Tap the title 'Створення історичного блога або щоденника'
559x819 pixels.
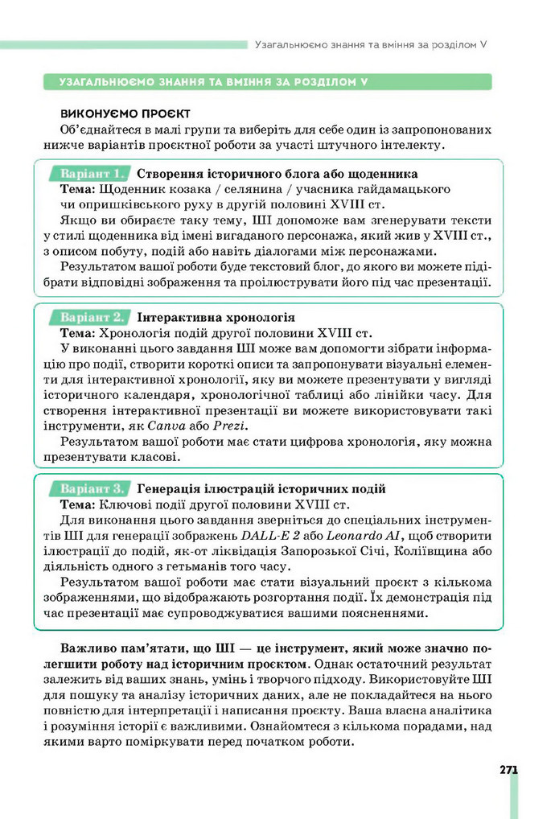(277, 173)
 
